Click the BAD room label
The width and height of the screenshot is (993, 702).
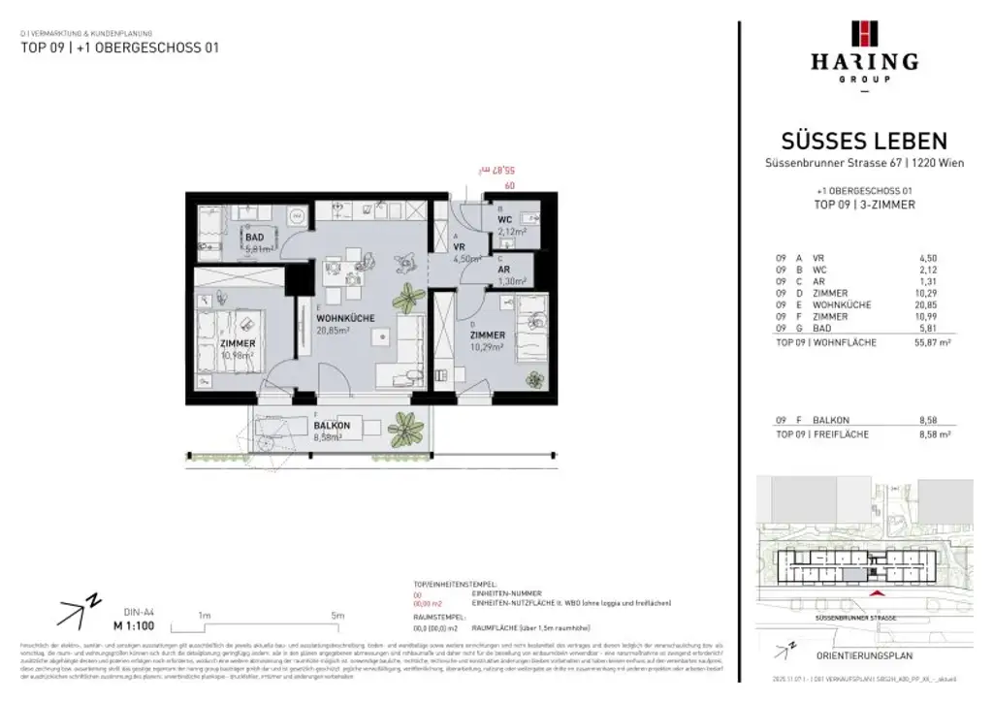(254, 237)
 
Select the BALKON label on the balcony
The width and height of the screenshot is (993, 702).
(332, 426)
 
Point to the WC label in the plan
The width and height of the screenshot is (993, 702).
(504, 219)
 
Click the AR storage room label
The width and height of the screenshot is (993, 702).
(504, 270)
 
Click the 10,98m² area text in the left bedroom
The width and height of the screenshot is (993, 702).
(238, 355)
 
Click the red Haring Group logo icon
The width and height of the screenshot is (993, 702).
(863, 33)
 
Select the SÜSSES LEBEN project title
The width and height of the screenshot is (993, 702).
(863, 142)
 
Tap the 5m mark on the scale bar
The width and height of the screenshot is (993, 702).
(337, 616)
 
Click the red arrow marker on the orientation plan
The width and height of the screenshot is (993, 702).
(879, 593)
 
